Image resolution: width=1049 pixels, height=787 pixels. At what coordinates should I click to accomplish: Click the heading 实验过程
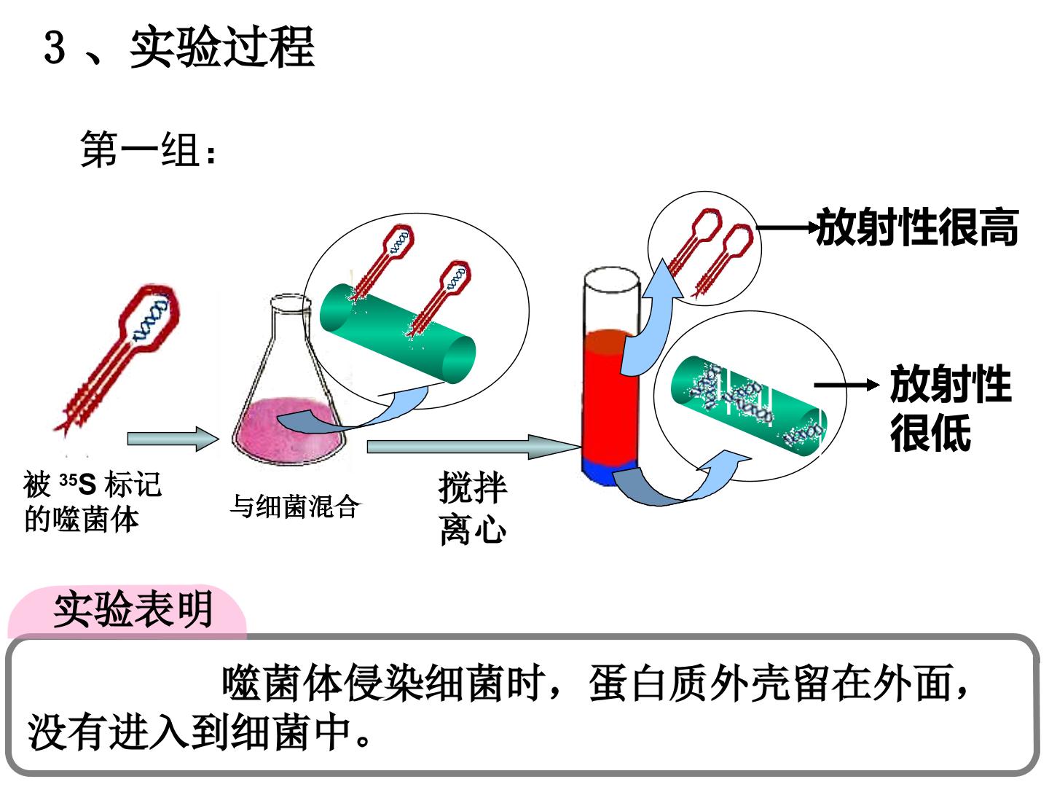[221, 47]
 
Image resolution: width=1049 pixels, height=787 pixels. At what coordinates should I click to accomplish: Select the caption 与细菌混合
[294, 506]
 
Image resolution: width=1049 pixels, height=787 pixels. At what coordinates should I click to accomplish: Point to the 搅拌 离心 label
[473, 508]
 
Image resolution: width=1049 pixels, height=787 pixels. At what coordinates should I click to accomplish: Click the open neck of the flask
[291, 303]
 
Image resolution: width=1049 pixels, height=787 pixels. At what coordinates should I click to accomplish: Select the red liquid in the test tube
[608, 396]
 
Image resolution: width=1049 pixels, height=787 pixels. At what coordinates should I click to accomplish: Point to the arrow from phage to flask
[173, 439]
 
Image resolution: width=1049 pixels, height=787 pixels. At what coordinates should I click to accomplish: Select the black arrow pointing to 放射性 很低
[846, 385]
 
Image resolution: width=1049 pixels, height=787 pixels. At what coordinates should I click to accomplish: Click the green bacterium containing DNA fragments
[748, 405]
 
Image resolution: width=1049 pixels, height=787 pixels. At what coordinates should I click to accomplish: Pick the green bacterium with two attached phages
[398, 334]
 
